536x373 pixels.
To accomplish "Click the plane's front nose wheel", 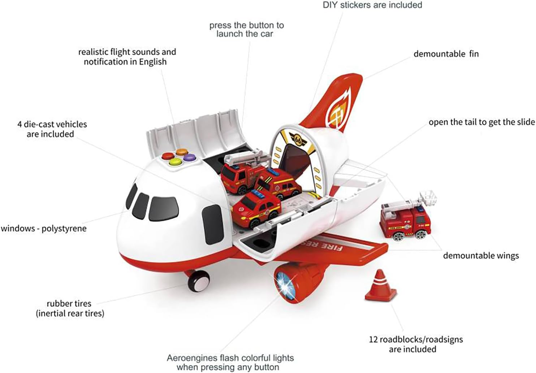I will pos(198,280).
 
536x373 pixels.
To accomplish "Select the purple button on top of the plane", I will pos(189,157).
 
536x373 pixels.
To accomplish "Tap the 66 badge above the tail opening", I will pos(298,139).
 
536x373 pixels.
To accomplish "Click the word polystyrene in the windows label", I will pos(64,229).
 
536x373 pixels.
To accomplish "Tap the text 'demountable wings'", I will pos(481,256).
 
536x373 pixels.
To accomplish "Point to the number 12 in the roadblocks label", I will pos(373,339).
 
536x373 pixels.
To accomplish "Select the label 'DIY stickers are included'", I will pos(372,5).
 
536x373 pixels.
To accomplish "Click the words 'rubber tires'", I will pos(69,304).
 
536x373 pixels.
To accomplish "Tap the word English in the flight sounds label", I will pos(153,62).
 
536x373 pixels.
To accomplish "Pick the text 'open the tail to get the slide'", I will pos(481,122).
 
